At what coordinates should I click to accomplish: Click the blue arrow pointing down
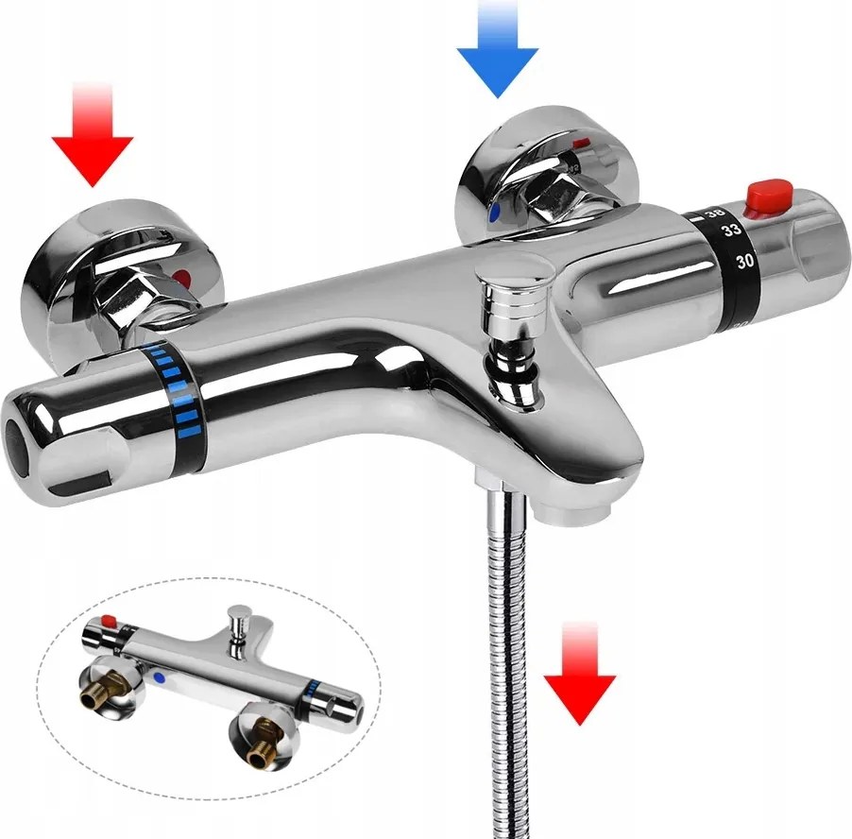[497, 52]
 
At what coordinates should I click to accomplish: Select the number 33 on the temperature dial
[732, 230]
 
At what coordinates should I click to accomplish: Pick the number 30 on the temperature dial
[744, 262]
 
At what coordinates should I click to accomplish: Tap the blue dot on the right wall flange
[494, 213]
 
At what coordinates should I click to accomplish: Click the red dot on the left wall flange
[183, 280]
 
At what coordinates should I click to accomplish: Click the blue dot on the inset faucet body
[160, 678]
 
